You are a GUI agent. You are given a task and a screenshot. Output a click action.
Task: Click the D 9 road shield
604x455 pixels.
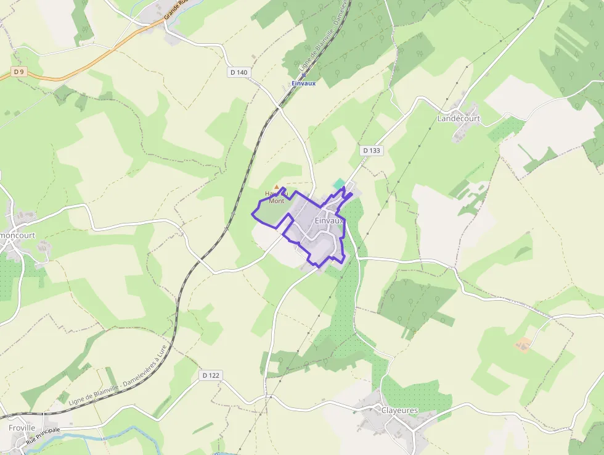pyautogui.click(x=19, y=72)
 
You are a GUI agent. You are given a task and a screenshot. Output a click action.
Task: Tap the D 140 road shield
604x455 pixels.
pyautogui.click(x=239, y=72)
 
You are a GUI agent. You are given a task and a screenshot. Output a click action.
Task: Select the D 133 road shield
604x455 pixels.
pyautogui.click(x=372, y=150)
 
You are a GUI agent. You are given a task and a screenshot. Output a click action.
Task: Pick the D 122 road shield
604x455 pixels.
pyautogui.click(x=210, y=375)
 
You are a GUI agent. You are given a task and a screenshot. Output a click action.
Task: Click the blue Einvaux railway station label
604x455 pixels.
pyautogui.click(x=303, y=83)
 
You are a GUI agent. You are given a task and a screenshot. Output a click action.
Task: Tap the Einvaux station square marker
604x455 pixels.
pyautogui.click(x=303, y=75)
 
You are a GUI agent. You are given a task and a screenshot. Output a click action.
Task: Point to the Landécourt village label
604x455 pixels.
pyautogui.click(x=458, y=118)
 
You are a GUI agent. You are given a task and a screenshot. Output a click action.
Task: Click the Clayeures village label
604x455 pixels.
pyautogui.click(x=399, y=410)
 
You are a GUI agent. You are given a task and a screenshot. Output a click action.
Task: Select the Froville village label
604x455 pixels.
pyautogui.click(x=22, y=427)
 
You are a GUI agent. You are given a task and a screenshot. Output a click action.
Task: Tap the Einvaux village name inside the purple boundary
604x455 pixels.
pyautogui.click(x=329, y=220)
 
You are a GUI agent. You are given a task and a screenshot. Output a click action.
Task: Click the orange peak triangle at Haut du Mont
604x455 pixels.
pyautogui.click(x=276, y=186)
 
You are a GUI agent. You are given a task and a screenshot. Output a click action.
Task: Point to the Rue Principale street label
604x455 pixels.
pyautogui.click(x=43, y=436)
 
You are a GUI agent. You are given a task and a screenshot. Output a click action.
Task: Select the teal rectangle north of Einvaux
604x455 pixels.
pyautogui.click(x=339, y=183)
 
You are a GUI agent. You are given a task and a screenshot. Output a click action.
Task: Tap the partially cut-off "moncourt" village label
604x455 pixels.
pyautogui.click(x=18, y=235)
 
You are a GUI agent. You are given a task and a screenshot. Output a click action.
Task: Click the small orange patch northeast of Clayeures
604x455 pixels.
pyautogui.click(x=524, y=344)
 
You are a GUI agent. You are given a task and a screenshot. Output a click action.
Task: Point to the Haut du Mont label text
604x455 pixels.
pyautogui.click(x=275, y=197)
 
